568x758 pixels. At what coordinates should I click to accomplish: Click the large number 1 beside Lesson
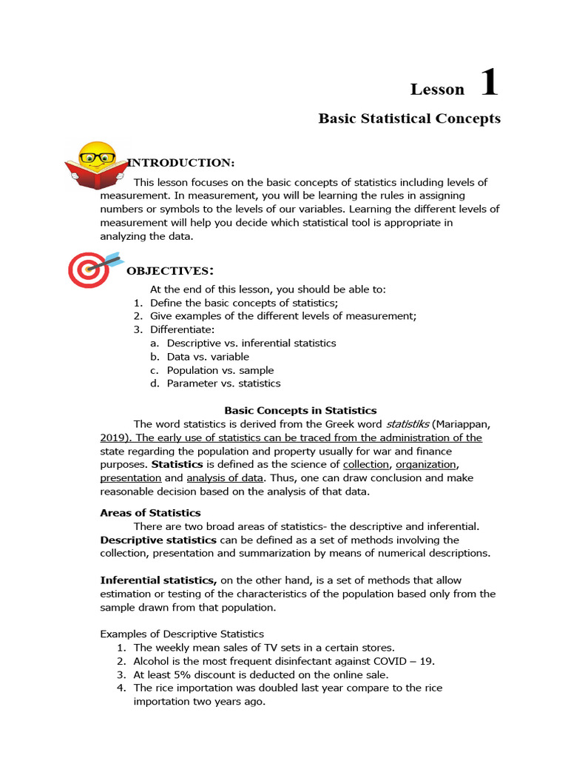[489, 82]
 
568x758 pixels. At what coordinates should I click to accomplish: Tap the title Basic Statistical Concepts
[409, 118]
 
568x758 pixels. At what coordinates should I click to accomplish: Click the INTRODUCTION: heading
[181, 163]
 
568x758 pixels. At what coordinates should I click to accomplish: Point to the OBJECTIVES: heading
[171, 271]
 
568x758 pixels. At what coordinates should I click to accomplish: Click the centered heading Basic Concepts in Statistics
[300, 410]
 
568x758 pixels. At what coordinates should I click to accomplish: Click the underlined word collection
[366, 465]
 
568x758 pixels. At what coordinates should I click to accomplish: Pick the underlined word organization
[426, 465]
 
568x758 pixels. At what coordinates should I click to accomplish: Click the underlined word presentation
[131, 478]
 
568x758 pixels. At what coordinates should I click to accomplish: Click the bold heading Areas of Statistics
[150, 512]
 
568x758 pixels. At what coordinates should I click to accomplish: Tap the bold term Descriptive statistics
[158, 540]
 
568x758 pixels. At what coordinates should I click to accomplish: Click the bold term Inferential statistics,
[158, 580]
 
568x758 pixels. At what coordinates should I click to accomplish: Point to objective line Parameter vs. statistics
[223, 383]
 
